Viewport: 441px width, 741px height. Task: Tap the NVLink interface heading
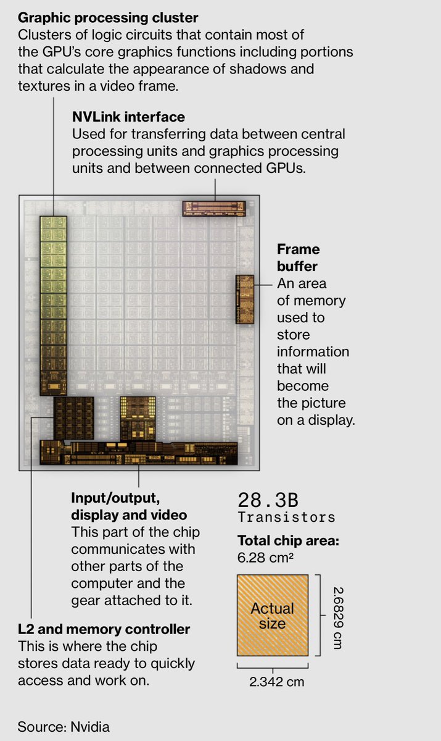pyautogui.click(x=128, y=117)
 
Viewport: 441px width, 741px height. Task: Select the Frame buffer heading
pyautogui.click(x=299, y=257)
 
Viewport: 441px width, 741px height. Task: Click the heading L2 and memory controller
pyautogui.click(x=104, y=629)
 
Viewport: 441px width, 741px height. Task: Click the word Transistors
pyautogui.click(x=286, y=517)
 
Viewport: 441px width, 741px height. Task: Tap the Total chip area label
pyautogui.click(x=288, y=542)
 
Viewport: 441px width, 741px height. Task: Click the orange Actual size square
pyautogui.click(x=272, y=615)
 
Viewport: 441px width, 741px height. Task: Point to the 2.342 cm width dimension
pyautogui.click(x=276, y=682)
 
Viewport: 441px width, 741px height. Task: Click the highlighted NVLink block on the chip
pyautogui.click(x=214, y=208)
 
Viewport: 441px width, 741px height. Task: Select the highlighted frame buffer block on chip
pyautogui.click(x=245, y=299)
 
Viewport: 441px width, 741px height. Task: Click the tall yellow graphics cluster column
pyautogui.click(x=53, y=303)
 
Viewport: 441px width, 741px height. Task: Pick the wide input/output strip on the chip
pyautogui.click(x=139, y=453)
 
